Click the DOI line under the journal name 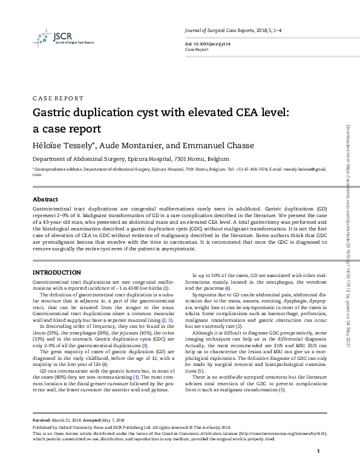[206, 45]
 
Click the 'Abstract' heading [45, 199]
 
